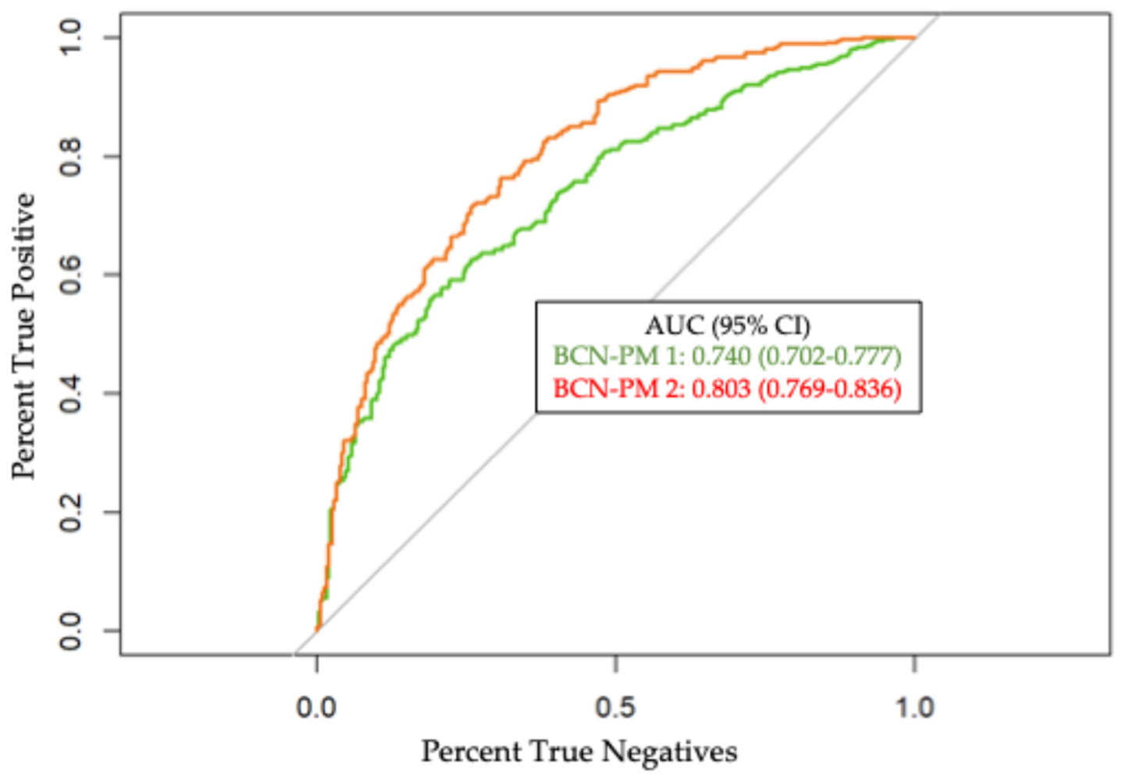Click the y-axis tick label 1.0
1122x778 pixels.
[70, 37]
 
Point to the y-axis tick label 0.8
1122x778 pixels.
[70, 156]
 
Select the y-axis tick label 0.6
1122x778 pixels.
[70, 275]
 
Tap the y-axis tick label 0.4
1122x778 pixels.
[70, 393]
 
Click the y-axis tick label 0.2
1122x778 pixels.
[70, 512]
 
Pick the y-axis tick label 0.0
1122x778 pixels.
[70, 631]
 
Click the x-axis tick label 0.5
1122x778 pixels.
[615, 708]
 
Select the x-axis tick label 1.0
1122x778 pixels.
[914, 708]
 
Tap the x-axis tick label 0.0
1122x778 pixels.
[316, 708]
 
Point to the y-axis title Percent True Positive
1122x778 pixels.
[23, 336]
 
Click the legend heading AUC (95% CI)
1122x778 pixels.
[727, 326]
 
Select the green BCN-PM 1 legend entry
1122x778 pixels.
[727, 357]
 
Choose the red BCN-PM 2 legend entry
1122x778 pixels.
[727, 389]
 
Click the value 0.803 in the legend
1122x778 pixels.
[721, 389]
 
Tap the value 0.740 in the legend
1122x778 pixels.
[721, 357]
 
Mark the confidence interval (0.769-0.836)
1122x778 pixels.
[829, 389]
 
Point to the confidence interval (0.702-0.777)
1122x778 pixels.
[829, 357]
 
